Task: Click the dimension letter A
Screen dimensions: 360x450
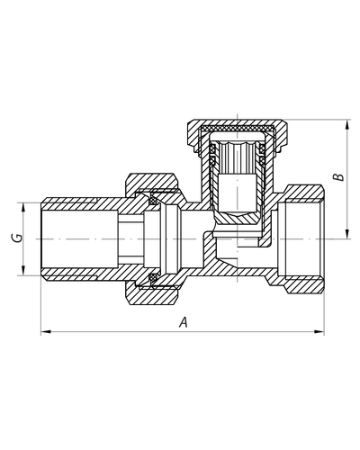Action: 184,322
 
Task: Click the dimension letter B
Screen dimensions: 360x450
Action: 339,176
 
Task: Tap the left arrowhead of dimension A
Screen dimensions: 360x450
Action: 45,332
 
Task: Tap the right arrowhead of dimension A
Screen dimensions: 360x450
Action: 319,332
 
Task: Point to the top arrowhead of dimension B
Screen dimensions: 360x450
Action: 347,124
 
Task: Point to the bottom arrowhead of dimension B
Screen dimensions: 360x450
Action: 347,234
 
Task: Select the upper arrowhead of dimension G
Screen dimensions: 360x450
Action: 23,207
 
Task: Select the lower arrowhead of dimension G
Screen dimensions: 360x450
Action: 23,270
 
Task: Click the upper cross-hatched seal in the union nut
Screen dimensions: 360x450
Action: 154,200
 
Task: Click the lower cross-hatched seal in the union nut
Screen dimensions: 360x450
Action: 154,278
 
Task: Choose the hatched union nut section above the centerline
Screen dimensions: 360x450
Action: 150,183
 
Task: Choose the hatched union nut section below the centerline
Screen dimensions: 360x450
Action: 150,295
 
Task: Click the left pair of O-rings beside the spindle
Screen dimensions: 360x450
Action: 213,155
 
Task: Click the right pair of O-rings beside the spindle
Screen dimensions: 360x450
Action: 262,155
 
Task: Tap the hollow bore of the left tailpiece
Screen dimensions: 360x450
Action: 79,238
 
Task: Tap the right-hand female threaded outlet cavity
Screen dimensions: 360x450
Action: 301,239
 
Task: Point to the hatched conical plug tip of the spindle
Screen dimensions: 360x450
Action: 238,218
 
